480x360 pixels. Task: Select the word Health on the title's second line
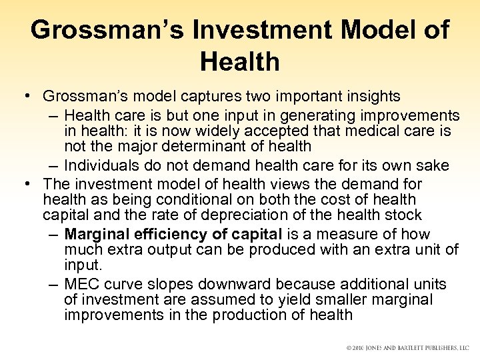[239, 62]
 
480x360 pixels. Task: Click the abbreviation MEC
[82, 285]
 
